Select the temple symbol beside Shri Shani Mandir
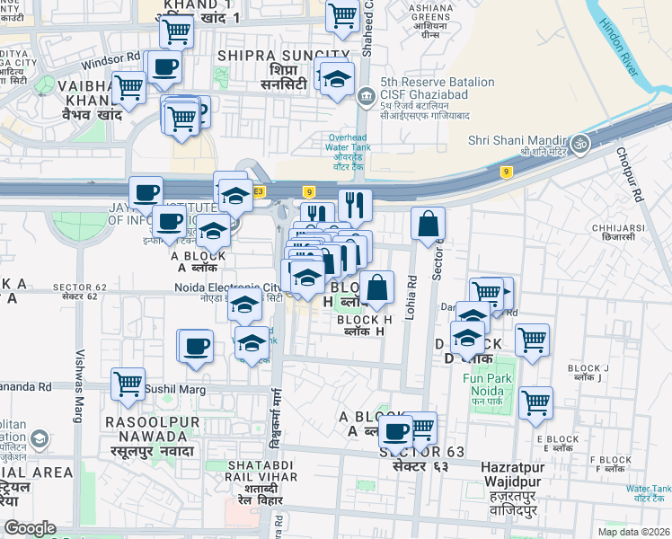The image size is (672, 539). click(579, 142)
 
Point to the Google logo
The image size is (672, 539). click(30, 527)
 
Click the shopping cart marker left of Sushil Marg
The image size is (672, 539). click(128, 384)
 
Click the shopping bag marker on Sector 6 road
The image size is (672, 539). click(429, 223)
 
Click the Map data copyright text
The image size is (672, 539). click(633, 530)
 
